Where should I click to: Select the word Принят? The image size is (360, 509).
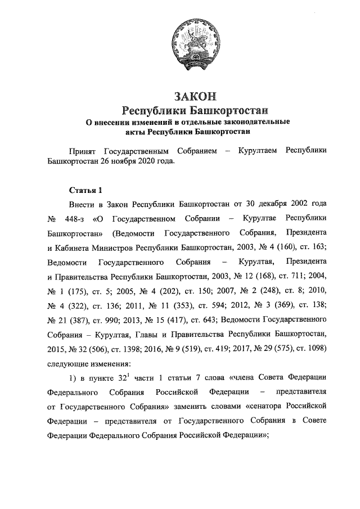[82, 152]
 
